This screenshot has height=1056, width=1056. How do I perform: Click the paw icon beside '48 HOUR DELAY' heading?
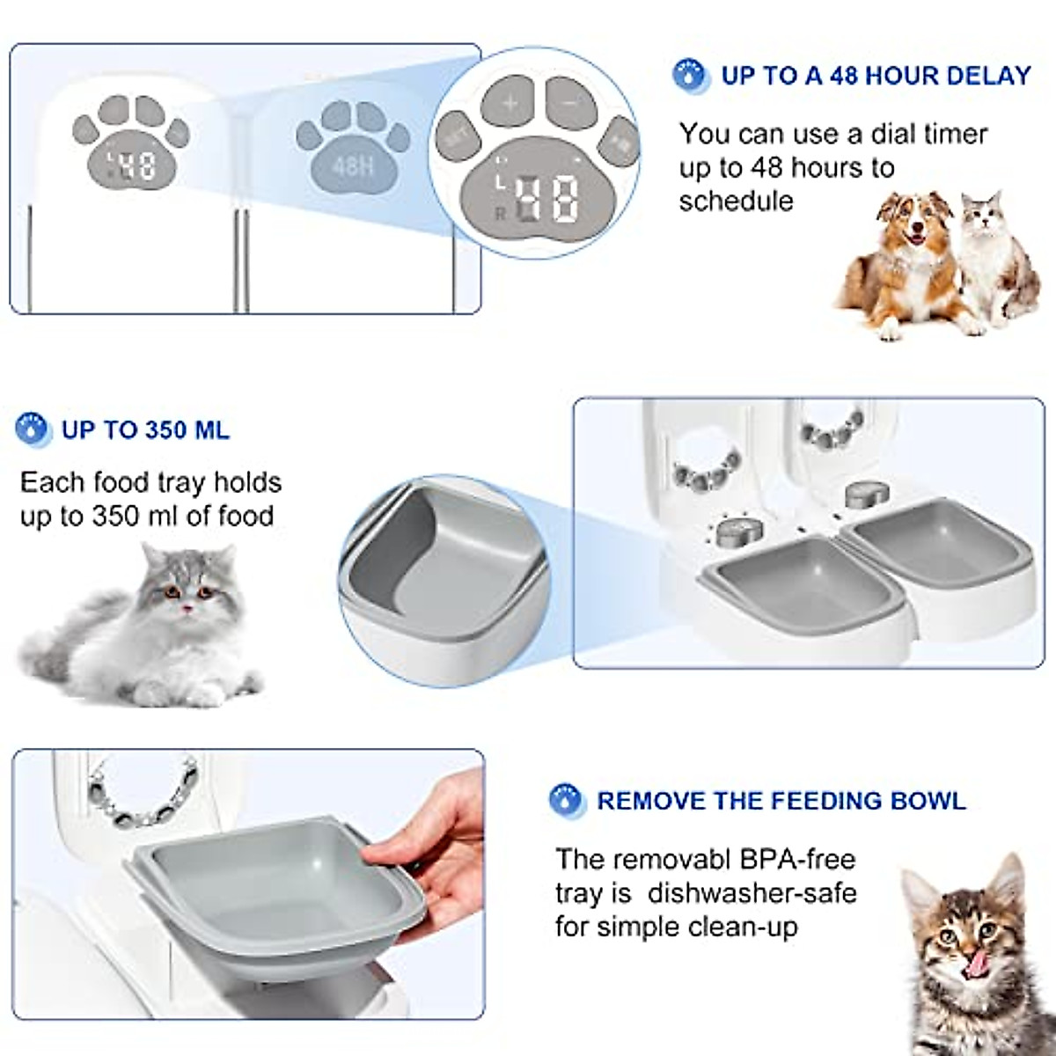(691, 76)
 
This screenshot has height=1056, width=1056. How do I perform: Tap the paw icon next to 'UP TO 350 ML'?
(33, 429)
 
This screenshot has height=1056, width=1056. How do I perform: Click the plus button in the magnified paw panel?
(510, 103)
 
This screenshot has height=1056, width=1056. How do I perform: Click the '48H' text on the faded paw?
(353, 165)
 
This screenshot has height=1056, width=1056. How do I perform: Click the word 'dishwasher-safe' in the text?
(752, 892)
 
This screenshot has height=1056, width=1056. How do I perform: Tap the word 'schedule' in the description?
(736, 201)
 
